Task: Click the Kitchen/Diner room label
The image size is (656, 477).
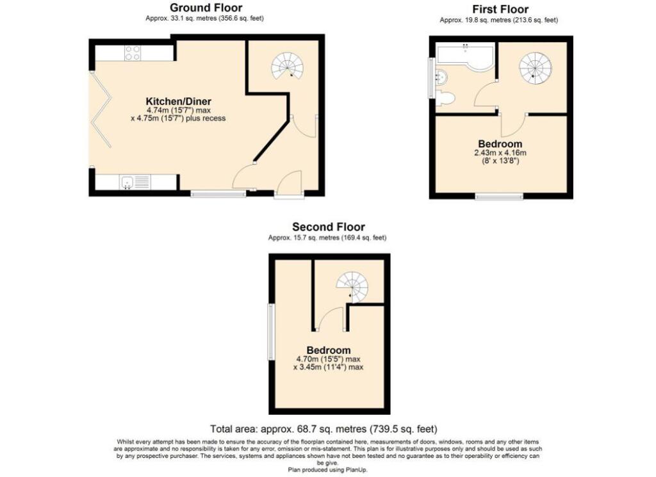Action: coord(179,101)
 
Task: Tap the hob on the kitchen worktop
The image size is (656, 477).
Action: coord(133,53)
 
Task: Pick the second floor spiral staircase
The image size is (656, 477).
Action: coord(352,287)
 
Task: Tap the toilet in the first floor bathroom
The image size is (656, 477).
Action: coord(445,98)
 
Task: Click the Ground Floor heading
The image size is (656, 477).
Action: coord(206,8)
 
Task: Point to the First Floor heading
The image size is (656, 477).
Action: coord(500,9)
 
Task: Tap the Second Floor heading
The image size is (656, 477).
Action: coord(329,227)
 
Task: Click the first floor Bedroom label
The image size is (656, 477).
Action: coord(500,144)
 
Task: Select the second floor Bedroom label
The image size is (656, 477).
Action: coord(329,350)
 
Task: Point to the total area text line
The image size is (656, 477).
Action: coord(324,429)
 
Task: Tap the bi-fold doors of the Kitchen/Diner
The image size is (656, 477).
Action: coord(101,109)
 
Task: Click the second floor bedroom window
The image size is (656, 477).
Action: coord(271,332)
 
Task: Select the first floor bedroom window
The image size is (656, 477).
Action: coord(499,196)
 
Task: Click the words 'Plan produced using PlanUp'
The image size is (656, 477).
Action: coord(327,469)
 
